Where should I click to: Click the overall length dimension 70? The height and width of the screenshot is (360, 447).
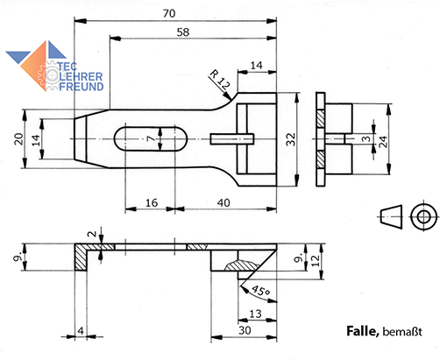click(x=169, y=13)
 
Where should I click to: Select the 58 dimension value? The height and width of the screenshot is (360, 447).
click(x=183, y=32)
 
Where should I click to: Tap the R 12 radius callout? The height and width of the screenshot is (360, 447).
click(x=220, y=80)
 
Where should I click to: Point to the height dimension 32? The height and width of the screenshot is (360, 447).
click(x=291, y=139)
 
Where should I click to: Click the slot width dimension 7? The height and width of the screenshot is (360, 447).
click(x=152, y=138)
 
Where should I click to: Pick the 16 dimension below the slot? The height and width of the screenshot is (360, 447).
click(x=152, y=202)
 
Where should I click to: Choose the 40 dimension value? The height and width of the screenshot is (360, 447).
click(x=223, y=202)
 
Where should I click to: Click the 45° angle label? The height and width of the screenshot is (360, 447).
click(x=260, y=291)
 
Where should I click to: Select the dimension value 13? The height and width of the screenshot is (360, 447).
click(x=255, y=314)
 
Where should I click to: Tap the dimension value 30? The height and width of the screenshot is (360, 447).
click(x=245, y=330)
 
